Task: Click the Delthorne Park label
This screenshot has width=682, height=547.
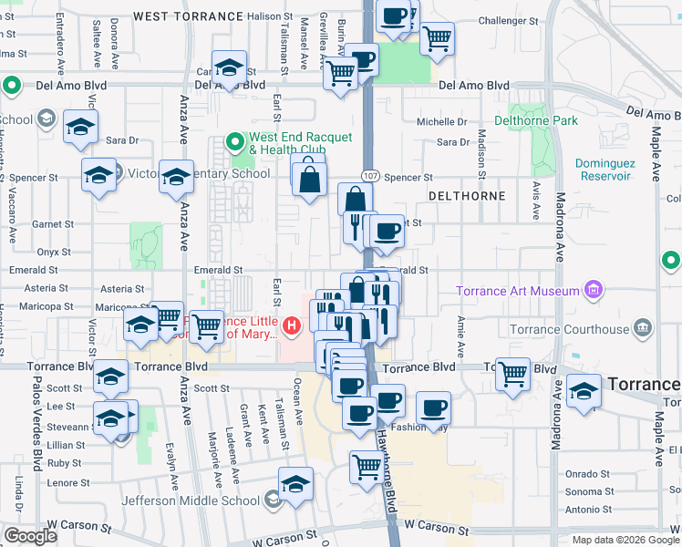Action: (x=536, y=120)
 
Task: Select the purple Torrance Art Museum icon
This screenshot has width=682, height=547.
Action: (x=594, y=291)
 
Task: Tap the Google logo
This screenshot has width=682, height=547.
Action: (x=30, y=536)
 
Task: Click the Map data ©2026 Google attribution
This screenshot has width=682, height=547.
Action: (x=625, y=540)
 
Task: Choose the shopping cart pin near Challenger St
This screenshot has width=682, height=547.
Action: (x=438, y=38)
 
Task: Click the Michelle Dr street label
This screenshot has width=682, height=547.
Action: (x=441, y=121)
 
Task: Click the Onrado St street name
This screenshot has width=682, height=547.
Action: (x=587, y=474)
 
